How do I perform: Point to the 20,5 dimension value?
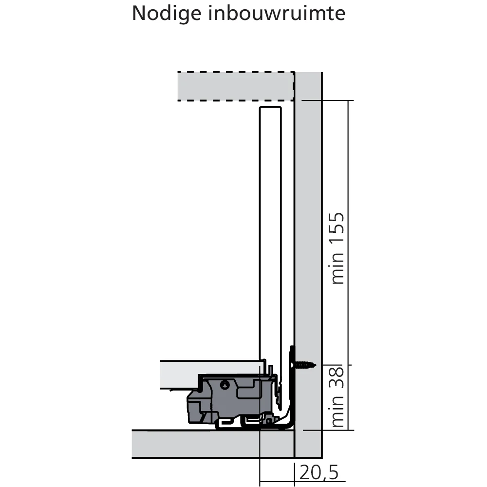319,473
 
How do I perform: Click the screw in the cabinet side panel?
305,364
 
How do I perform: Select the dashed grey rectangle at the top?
235,86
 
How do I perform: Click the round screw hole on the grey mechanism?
224,384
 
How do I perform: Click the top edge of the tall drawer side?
270,107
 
